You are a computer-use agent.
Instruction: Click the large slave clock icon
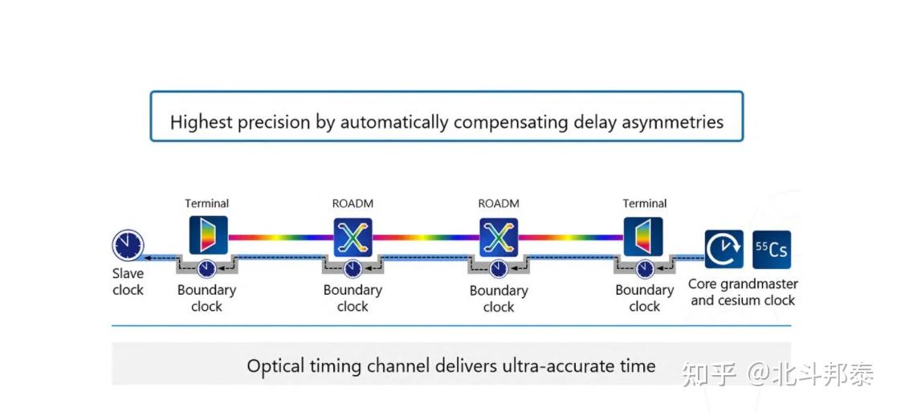[x=128, y=245]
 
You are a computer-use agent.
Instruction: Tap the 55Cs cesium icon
[x=772, y=250]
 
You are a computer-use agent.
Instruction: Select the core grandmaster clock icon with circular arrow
[x=724, y=250]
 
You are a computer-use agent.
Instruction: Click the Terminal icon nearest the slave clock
[x=208, y=235]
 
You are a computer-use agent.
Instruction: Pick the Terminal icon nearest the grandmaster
[x=643, y=236]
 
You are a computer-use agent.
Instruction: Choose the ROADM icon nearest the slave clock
[x=353, y=236]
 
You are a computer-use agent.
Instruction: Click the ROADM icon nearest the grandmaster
[x=499, y=236]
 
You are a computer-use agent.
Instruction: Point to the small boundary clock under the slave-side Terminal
[x=206, y=268]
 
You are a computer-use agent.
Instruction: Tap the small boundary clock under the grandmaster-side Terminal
[x=645, y=268]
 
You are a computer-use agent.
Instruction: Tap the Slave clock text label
[x=128, y=282]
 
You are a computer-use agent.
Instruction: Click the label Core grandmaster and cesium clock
[x=743, y=292]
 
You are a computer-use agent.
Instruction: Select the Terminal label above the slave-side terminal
[x=206, y=203]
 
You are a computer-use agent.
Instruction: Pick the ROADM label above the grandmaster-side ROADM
[x=498, y=203]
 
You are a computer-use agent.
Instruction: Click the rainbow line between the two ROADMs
[x=426, y=237]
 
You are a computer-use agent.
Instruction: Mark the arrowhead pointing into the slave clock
[x=147, y=258]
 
